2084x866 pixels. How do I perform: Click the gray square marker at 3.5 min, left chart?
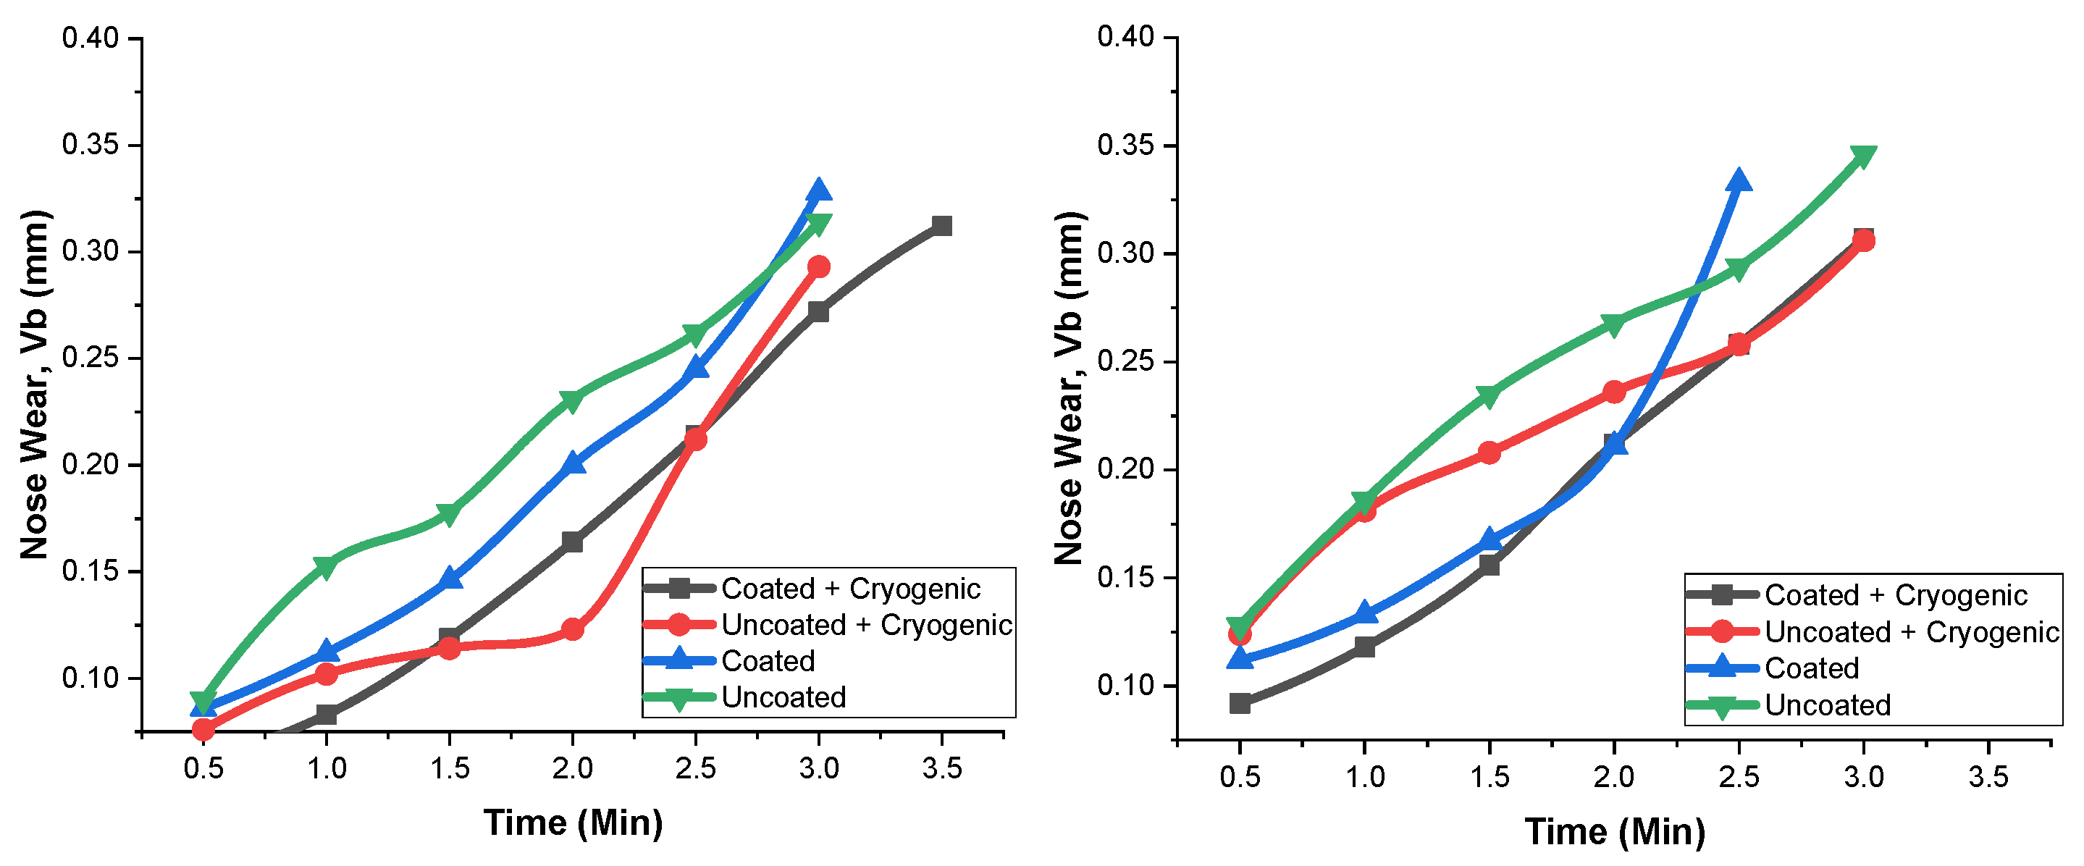coord(941,225)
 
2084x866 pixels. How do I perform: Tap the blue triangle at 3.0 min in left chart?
coord(819,191)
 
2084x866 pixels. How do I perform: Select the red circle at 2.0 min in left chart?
coord(573,629)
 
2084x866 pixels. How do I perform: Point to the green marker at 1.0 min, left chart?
coord(325,566)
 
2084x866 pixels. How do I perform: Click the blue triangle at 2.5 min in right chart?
coord(1739,181)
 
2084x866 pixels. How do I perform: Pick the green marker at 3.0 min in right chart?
coord(1863,156)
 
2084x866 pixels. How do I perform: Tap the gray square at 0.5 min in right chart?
coord(1240,703)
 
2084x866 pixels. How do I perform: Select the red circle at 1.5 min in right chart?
coord(1490,453)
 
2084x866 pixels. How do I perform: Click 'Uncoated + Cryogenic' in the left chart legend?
coord(865,625)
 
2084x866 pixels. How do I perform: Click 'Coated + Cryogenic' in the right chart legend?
coord(1896,596)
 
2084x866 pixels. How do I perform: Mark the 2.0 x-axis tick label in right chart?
coord(1613,777)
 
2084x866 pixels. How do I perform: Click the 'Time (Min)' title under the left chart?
coord(573,823)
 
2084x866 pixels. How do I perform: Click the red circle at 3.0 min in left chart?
coord(819,266)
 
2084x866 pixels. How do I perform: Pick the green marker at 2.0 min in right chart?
coord(1614,324)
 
